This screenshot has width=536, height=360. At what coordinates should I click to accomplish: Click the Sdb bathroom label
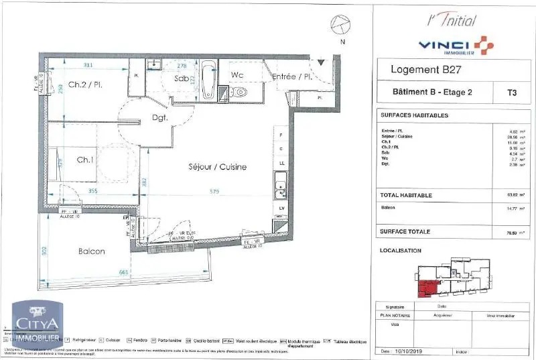pyautogui.click(x=181, y=78)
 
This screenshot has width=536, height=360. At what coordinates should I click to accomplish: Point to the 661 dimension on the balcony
pyautogui.click(x=123, y=272)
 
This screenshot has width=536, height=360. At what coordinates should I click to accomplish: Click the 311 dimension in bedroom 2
pyautogui.click(x=88, y=65)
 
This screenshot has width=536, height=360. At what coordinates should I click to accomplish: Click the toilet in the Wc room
pyautogui.click(x=239, y=93)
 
